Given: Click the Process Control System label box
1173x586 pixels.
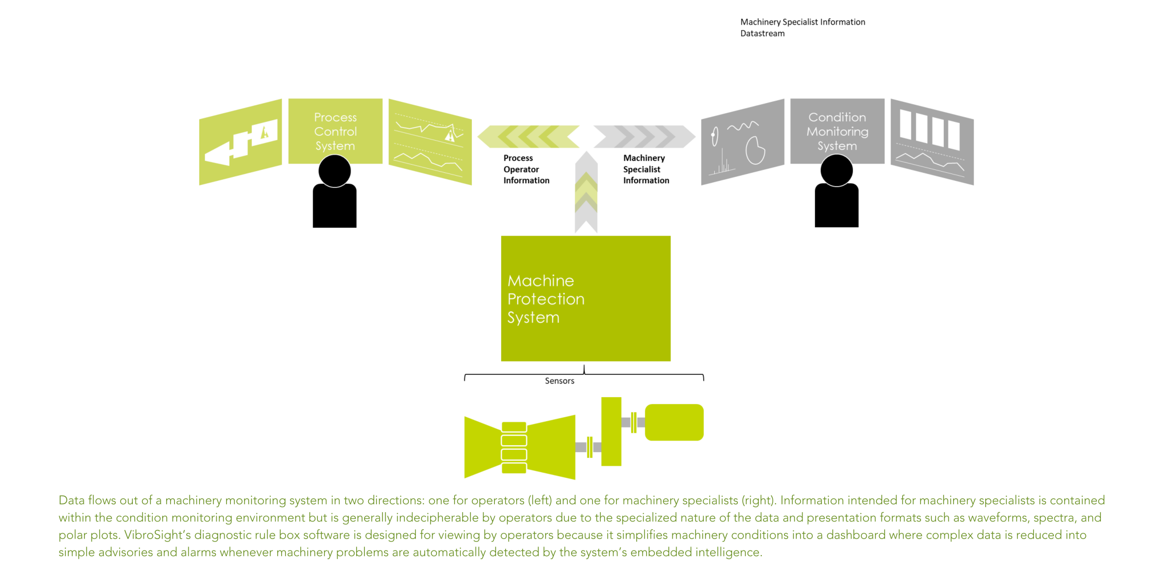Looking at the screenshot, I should coord(335,131).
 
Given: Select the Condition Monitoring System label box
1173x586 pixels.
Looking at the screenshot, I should coord(837,131).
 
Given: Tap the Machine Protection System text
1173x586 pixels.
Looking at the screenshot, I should coord(545,299).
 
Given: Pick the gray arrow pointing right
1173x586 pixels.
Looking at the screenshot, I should coord(644,136).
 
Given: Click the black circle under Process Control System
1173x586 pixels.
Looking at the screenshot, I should coord(334,171).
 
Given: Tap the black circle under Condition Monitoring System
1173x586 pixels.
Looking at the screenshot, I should coord(837,171).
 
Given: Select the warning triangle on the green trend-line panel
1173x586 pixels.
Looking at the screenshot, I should coord(450,135).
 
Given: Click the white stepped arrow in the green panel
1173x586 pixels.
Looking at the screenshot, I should coord(241,145).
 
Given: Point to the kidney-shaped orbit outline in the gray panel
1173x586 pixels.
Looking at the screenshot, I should coord(755,151).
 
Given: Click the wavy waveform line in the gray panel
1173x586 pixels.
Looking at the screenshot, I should coord(743,126).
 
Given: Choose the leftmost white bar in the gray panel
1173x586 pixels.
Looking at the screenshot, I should coord(906,125).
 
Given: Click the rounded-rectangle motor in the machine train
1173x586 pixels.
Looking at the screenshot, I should coord(674,422).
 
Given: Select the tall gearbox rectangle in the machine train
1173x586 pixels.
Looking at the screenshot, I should coord(611,431).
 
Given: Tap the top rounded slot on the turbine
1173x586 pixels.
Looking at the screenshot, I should coord(514,426).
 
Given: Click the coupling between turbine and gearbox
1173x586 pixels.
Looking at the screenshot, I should coord(589,447).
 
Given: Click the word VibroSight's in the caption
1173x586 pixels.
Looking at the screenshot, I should coord(157,535).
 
